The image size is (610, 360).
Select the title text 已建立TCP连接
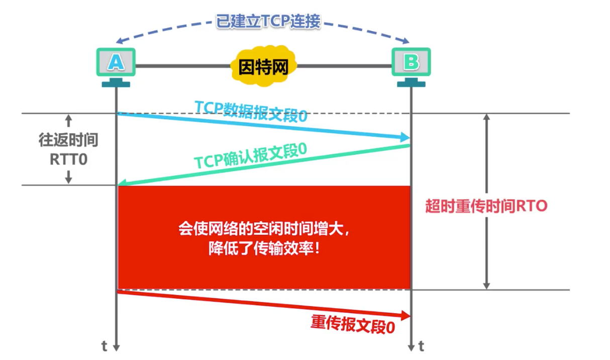coord(268,22)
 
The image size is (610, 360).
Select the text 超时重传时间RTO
coord(486,206)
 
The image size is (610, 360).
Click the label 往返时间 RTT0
coord(68,149)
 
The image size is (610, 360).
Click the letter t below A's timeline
coord(104,346)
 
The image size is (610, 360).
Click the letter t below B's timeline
coord(422,346)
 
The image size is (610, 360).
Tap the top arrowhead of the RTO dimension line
coord(486,117)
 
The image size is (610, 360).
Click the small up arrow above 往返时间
coord(69,121)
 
